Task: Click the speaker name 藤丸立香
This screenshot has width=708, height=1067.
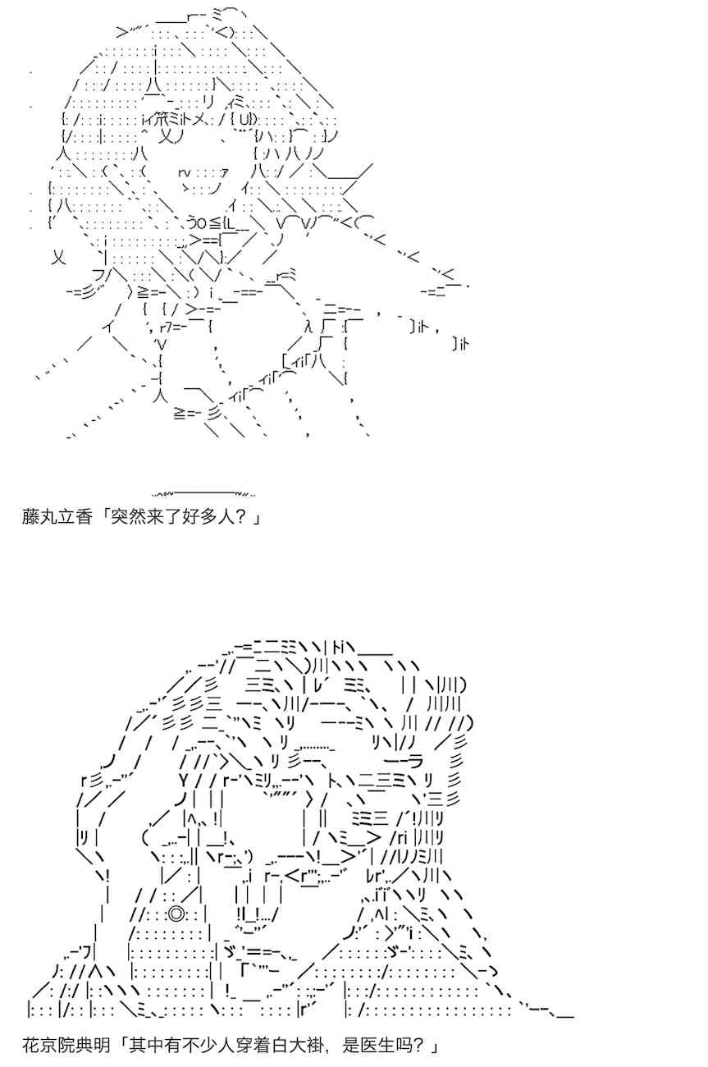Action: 57,517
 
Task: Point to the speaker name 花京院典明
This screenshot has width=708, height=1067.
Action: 66,1045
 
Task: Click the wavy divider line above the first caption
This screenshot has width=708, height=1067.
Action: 203,493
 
